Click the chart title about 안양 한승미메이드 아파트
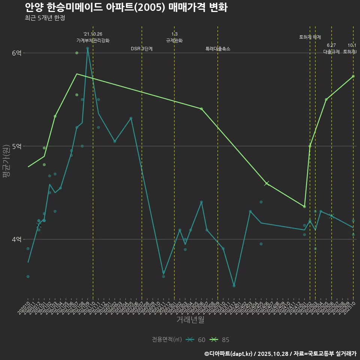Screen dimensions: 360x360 coord(126,7)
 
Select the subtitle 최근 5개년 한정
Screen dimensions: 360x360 coord(45,18)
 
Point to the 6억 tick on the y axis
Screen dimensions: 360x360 coord(17,53)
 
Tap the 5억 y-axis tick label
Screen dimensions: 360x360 coord(17,146)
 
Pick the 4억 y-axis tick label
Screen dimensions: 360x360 coord(17,239)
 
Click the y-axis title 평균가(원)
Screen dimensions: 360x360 coord(6,165)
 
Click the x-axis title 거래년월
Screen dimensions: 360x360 coord(190,320)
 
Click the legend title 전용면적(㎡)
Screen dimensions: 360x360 coord(167,340)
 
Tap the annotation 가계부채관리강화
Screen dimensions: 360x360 coord(93,40)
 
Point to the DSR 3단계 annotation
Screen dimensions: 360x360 coord(142,49)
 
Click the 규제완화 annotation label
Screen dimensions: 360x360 coord(174,40)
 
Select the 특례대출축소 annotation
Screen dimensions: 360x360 coord(218,49)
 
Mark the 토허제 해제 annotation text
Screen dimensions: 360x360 coord(310,37)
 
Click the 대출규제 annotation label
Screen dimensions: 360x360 coord(331,52)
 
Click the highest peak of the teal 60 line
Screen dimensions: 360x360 coord(87,48)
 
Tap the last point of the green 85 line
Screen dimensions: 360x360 coord(353,76)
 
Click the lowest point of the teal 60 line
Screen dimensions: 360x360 coord(234,286)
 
